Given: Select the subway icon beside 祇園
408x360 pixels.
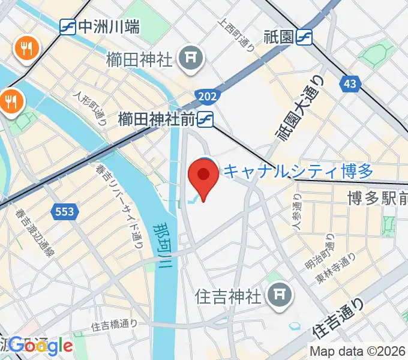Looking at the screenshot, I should click(305, 37).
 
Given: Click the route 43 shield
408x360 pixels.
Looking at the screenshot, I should click(349, 84).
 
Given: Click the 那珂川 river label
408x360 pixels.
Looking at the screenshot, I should click(163, 247).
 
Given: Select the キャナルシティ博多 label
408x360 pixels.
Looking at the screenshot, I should click(298, 172).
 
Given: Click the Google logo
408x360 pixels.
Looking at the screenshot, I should click(40, 345).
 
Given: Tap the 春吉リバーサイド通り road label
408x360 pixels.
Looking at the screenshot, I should click(118, 204).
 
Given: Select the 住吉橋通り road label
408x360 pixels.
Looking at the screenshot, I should click(114, 326).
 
